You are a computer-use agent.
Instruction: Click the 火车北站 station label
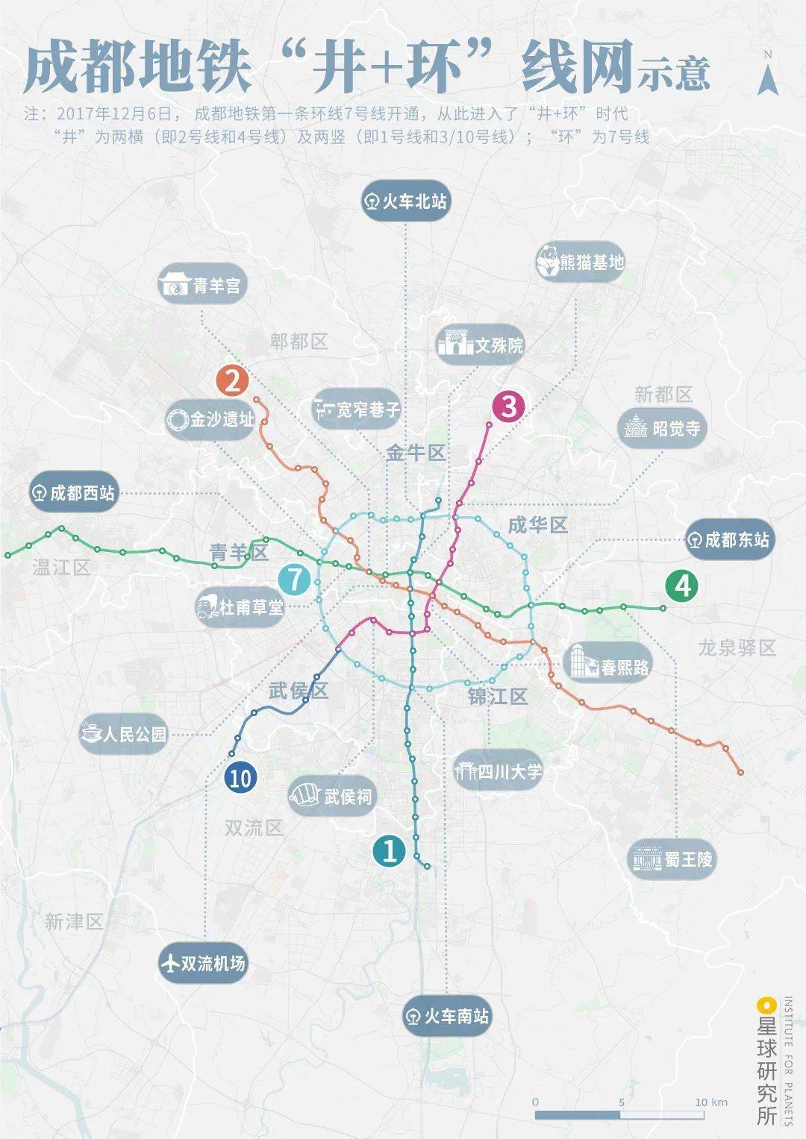(406, 201)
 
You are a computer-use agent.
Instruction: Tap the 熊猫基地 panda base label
(581, 263)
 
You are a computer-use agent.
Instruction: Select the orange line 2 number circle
(232, 381)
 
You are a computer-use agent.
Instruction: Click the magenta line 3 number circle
(509, 407)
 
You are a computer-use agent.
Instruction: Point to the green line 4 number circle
(682, 586)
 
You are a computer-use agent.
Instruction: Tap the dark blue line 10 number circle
(240, 779)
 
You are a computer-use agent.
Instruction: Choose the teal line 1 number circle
(390, 850)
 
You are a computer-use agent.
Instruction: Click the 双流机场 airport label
(203, 964)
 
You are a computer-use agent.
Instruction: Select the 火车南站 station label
(446, 1017)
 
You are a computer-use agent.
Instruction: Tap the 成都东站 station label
(728, 539)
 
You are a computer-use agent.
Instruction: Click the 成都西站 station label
(74, 493)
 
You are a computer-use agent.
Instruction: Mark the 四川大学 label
(499, 771)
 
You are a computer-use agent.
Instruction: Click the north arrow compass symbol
(766, 77)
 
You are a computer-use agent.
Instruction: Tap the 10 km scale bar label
(710, 1102)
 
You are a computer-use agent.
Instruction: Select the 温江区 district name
(61, 568)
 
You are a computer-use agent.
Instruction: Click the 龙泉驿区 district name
(737, 647)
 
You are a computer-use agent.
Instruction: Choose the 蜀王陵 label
(672, 859)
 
